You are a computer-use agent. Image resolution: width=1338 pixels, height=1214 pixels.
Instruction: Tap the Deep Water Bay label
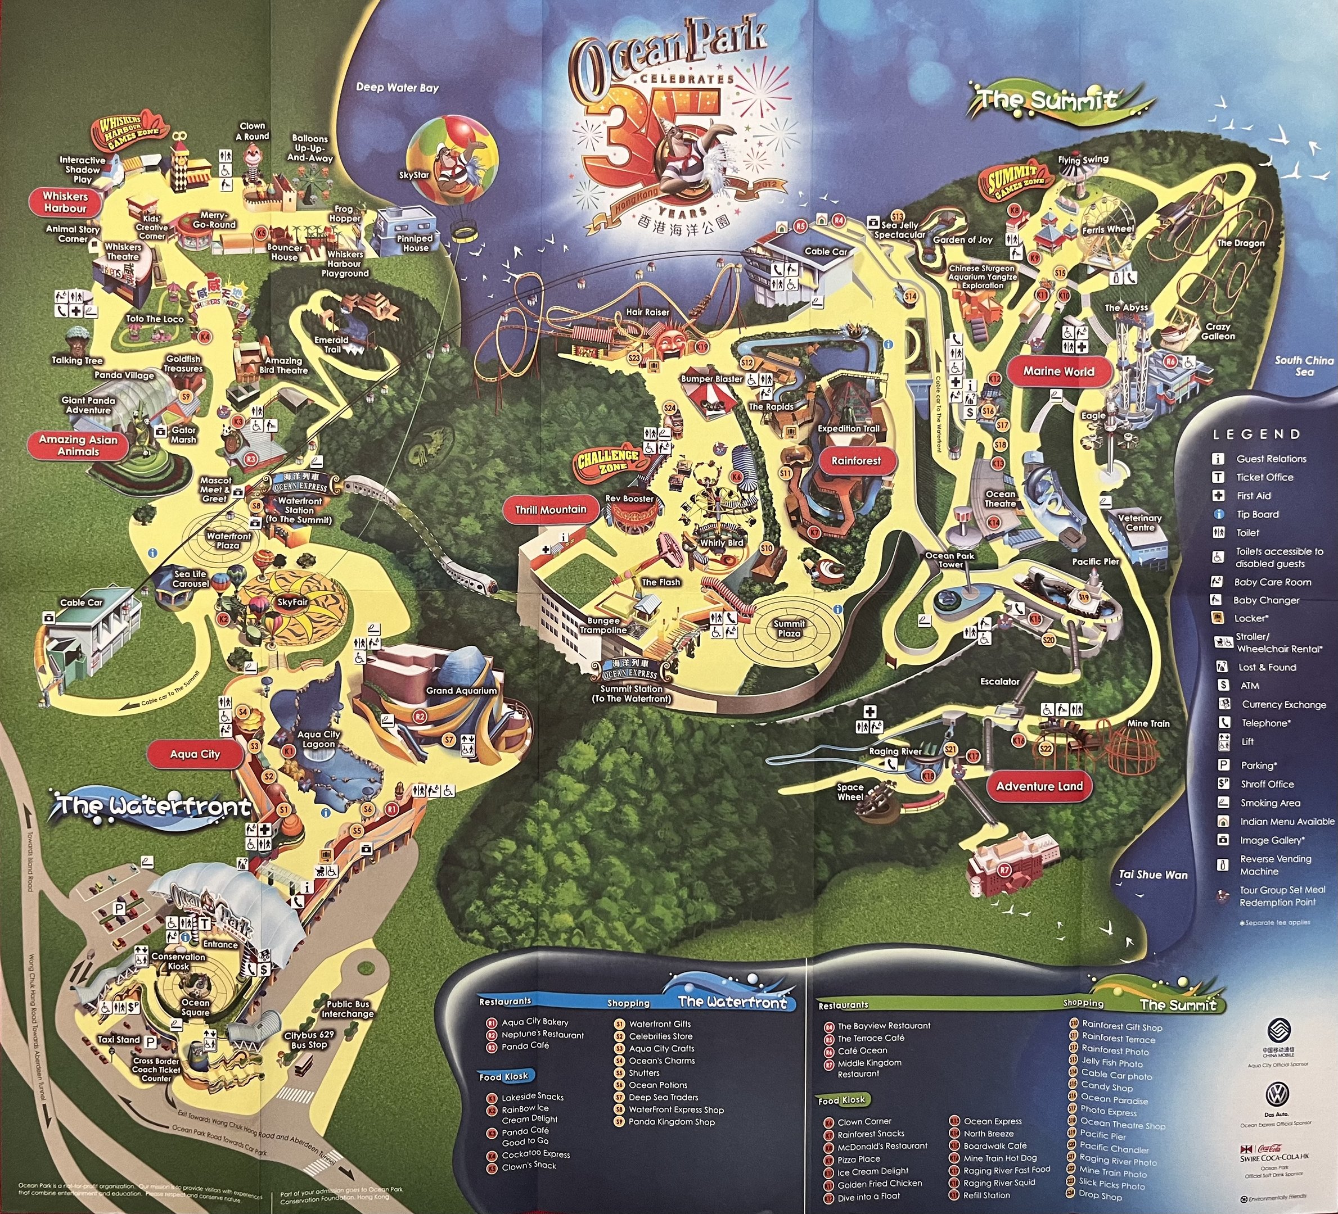point(397,88)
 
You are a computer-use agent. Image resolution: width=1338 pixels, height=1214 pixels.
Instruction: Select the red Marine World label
point(1058,372)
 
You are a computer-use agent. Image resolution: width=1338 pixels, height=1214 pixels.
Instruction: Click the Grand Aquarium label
point(461,691)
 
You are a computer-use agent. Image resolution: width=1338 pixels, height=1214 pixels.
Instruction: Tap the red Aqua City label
point(195,754)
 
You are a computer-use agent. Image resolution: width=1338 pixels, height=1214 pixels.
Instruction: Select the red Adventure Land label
point(1039,786)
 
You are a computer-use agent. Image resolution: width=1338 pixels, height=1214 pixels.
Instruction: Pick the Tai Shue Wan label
point(1153,875)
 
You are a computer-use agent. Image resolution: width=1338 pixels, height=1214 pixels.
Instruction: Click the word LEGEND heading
point(1256,434)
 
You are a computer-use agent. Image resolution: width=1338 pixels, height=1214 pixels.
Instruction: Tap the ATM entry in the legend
point(1250,686)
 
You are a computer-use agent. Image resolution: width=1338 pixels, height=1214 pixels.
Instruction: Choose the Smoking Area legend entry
point(1269,803)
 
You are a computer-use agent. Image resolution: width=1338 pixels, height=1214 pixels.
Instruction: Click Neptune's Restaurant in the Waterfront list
point(542,1034)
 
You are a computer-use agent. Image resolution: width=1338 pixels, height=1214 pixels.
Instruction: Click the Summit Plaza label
point(789,628)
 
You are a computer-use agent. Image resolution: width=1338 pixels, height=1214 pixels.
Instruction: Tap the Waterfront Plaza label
point(228,541)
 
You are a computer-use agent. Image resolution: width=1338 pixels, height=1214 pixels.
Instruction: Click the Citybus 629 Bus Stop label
point(309,1040)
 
